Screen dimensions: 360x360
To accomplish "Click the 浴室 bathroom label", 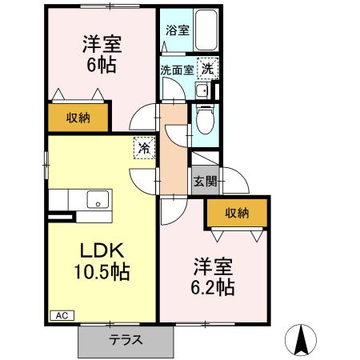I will [x=178, y=31].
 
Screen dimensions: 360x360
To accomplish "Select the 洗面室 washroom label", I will [x=175, y=70].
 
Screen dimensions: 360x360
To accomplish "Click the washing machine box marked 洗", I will [x=207, y=70].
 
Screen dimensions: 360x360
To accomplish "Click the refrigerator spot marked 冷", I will [x=144, y=148].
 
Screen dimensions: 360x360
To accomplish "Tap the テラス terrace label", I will [x=126, y=339].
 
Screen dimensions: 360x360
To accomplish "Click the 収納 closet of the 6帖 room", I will [x=78, y=118].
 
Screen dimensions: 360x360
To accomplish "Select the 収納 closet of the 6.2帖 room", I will [x=236, y=212].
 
